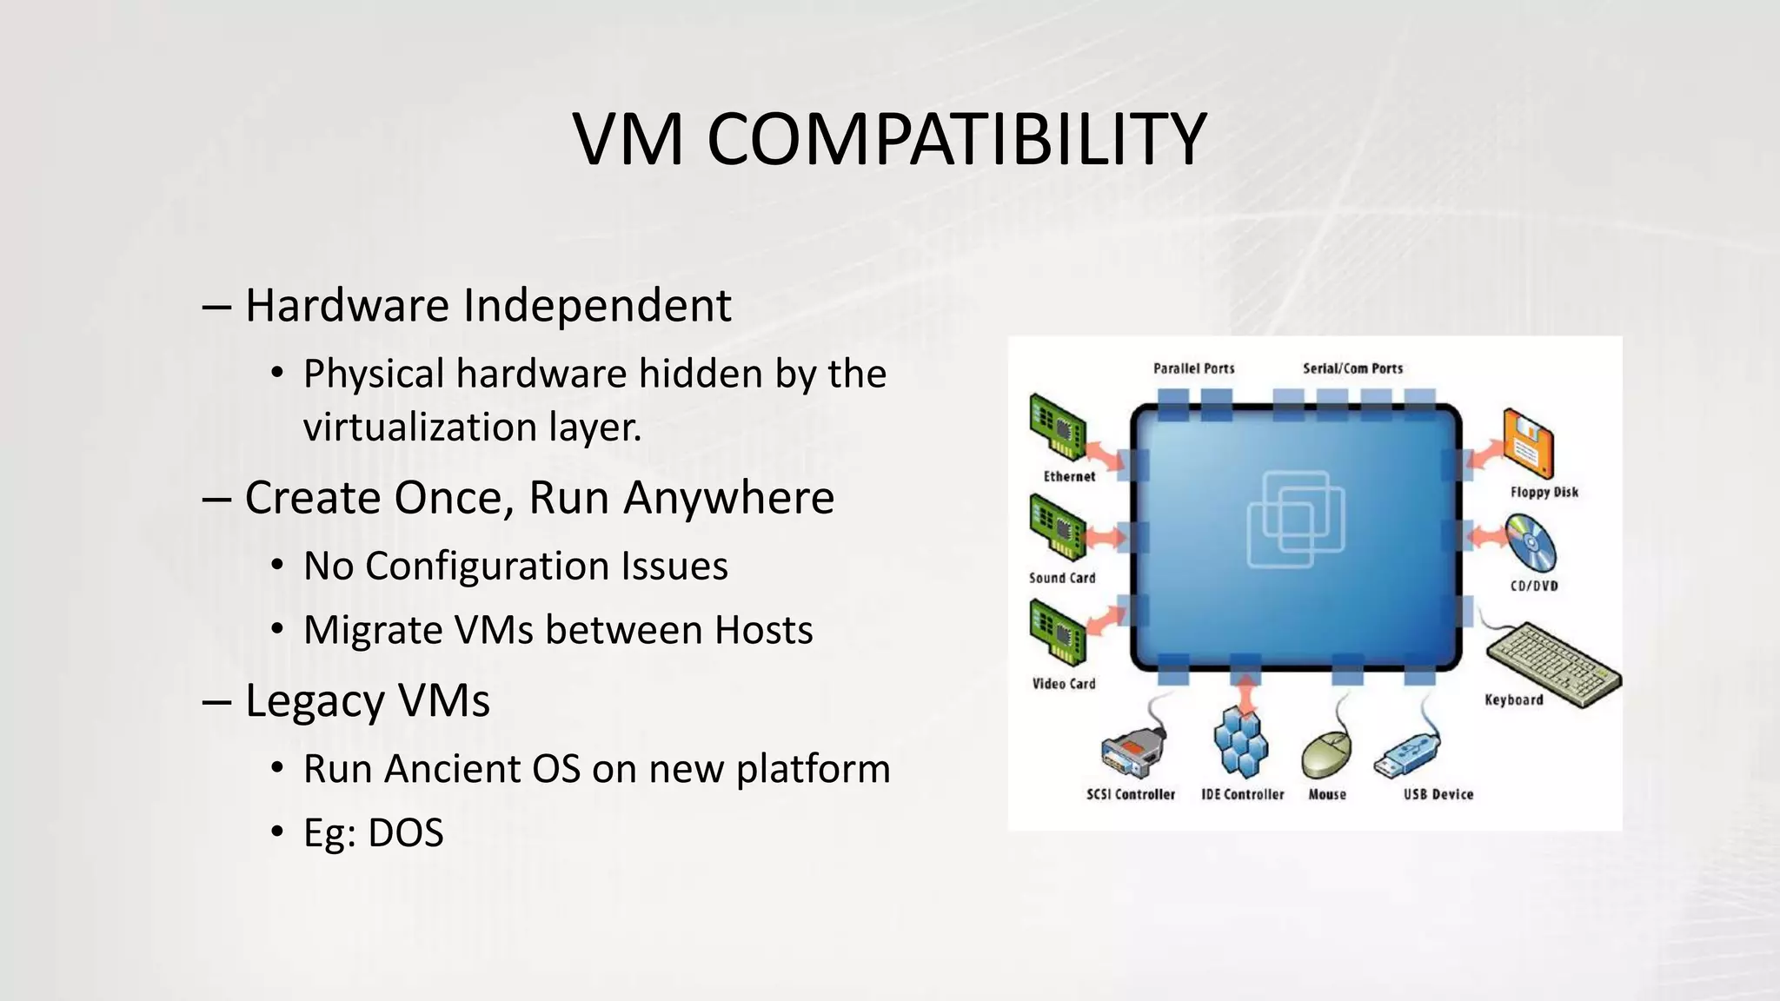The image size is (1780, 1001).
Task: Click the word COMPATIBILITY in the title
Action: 956,140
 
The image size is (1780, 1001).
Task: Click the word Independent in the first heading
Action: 597,306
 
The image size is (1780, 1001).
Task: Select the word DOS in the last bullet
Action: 405,832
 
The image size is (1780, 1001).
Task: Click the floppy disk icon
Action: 1528,443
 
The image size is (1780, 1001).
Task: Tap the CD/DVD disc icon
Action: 1531,544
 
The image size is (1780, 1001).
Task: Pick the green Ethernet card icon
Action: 1057,426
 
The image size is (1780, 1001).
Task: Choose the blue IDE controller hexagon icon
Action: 1240,741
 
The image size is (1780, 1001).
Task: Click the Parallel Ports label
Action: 1193,368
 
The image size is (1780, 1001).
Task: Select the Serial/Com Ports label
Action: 1352,368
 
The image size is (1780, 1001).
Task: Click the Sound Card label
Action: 1062,578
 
